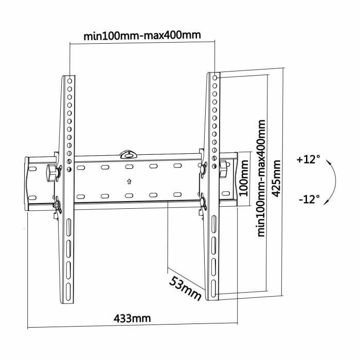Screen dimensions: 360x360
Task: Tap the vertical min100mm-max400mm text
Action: pyautogui.click(x=262, y=178)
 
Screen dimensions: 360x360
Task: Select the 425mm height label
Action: pyautogui.click(x=278, y=181)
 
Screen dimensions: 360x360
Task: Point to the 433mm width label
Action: pyautogui.click(x=132, y=318)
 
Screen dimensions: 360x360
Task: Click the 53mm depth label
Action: pyautogui.click(x=186, y=287)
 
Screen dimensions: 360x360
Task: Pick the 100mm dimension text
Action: pyautogui.click(x=244, y=178)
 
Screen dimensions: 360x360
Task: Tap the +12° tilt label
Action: pyautogui.click(x=308, y=159)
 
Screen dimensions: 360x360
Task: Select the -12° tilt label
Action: pyautogui.click(x=308, y=198)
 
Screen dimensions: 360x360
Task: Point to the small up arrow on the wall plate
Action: pyautogui.click(x=129, y=182)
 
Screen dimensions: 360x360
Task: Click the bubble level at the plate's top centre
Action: pyautogui.click(x=127, y=153)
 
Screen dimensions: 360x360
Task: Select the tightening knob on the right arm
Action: pyautogui.click(x=225, y=168)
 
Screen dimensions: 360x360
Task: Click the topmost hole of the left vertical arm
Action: pyautogui.click(x=69, y=80)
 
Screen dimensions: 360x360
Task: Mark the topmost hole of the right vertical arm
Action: pyautogui.click(x=214, y=77)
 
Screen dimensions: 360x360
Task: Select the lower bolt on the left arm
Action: pyautogui.click(x=57, y=206)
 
